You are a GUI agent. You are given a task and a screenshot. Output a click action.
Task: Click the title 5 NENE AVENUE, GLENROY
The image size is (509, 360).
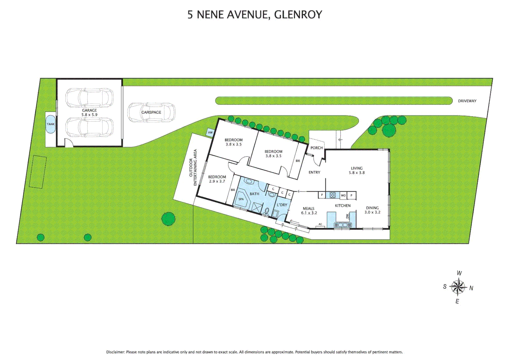255,15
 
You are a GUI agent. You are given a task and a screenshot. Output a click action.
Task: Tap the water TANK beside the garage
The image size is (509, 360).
51,124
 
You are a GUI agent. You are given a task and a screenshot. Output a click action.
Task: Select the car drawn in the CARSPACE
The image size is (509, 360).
151,112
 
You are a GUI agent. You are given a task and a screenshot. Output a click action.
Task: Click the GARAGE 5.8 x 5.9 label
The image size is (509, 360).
89,112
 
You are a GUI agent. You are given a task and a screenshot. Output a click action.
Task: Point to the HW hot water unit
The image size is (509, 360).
210,133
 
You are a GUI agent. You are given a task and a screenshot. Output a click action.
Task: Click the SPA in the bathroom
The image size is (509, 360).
241,199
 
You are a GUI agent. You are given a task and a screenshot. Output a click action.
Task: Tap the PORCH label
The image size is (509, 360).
316,148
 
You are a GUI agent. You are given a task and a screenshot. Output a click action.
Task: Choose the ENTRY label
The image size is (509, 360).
314,172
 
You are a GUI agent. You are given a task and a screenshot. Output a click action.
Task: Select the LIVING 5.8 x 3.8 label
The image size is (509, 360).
357,170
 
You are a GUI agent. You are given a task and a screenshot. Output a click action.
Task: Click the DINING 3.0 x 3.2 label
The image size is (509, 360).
372,210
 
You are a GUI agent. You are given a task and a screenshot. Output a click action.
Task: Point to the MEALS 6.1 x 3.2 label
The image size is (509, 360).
309,211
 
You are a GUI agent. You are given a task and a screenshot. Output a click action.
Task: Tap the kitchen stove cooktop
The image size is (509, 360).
332,195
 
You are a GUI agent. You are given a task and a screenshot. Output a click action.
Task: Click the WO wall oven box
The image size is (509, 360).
343,195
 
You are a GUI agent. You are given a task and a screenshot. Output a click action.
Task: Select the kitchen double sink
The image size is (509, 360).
343,225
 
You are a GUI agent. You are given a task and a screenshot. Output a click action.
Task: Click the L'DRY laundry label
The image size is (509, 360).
282,205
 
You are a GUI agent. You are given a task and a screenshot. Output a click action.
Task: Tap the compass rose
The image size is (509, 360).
458,287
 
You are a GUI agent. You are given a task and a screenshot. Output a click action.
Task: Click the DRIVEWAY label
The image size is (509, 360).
467,101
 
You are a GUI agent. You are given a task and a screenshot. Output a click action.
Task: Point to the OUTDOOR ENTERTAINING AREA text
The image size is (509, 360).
193,167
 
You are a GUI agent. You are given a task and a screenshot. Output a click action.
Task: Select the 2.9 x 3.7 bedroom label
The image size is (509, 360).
217,179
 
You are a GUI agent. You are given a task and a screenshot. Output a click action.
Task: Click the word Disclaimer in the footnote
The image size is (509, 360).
115,352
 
